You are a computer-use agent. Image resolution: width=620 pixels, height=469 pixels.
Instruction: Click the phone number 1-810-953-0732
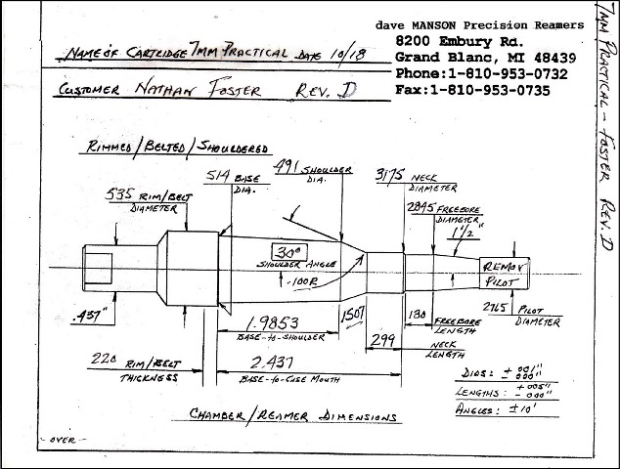pos(502,73)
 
